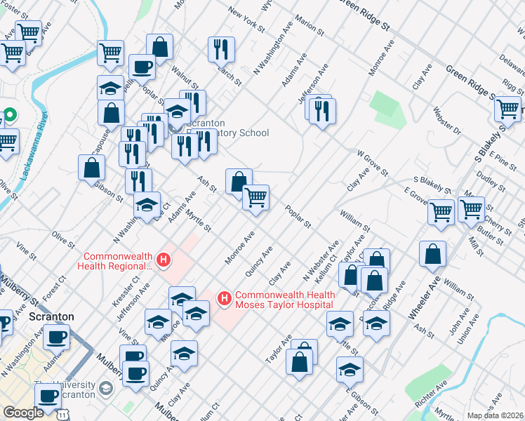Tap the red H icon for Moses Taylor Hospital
point(225,300)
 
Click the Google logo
point(23,412)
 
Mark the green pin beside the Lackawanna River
point(9,114)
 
